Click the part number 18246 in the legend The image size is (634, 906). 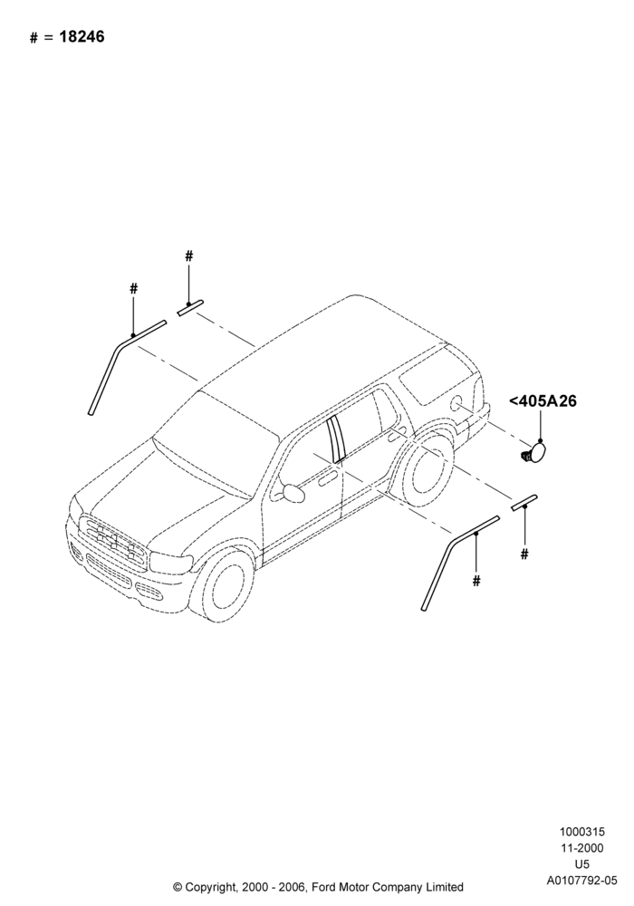82,37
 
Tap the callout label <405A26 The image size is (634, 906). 543,401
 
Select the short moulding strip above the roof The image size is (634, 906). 190,307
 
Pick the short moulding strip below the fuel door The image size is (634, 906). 524,502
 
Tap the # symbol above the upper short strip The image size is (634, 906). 188,256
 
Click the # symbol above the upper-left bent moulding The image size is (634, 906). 133,288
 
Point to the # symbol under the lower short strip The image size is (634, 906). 524,554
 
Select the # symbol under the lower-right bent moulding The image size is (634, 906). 476,581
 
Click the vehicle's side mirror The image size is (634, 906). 293,492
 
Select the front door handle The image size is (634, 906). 327,479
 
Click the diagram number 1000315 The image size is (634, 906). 581,832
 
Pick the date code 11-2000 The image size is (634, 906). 581,848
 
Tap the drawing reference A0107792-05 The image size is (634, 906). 581,882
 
